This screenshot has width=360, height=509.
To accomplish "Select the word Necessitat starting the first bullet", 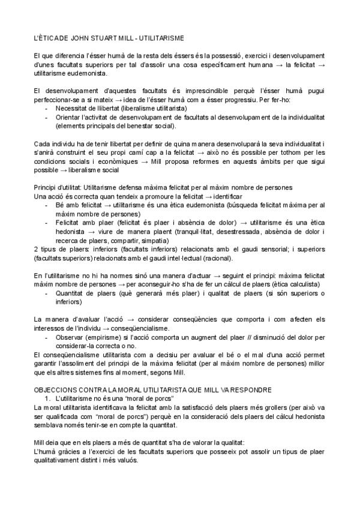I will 73,108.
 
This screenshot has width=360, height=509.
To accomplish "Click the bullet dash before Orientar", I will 47,117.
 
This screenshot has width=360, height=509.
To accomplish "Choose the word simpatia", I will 155,240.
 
